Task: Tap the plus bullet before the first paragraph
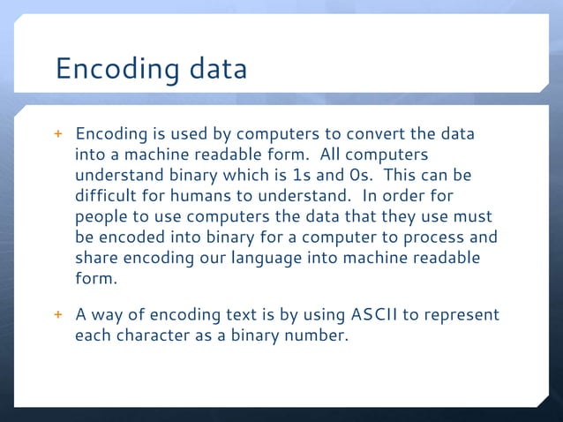point(60,135)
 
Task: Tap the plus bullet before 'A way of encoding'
point(60,315)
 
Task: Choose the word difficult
point(107,196)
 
